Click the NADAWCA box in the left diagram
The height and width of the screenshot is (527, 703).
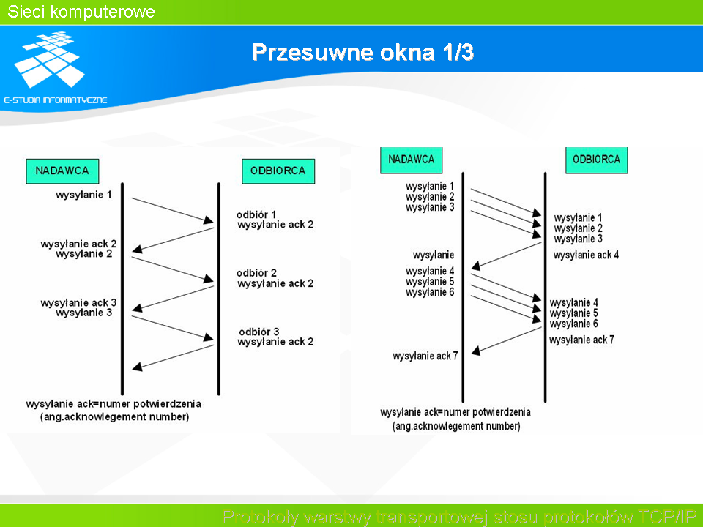point(62,171)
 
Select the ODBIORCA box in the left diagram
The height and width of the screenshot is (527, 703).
point(278,171)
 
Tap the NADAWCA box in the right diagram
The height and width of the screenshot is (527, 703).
point(411,160)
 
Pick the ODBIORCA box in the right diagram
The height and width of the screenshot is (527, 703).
point(596,160)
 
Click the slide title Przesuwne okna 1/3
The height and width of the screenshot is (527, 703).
point(362,52)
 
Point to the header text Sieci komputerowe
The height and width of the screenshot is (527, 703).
point(81,12)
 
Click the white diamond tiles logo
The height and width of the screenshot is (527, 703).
point(49,59)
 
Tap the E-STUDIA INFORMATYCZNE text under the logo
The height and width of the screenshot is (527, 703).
point(56,100)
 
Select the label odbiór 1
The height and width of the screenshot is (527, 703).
point(256,214)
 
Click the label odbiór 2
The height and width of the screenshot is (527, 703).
point(256,273)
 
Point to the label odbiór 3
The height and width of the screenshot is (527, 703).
point(258,332)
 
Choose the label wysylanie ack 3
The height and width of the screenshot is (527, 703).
point(78,303)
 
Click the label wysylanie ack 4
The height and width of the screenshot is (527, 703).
point(586,255)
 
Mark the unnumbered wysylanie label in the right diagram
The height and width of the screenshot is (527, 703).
point(433,255)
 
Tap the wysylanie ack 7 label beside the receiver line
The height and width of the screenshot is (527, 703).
point(581,340)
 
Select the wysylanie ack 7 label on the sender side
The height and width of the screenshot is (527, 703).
point(425,356)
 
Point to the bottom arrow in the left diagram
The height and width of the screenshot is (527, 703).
point(173,358)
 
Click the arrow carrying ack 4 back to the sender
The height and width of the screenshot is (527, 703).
point(507,256)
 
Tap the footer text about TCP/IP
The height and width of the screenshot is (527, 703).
point(459,517)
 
